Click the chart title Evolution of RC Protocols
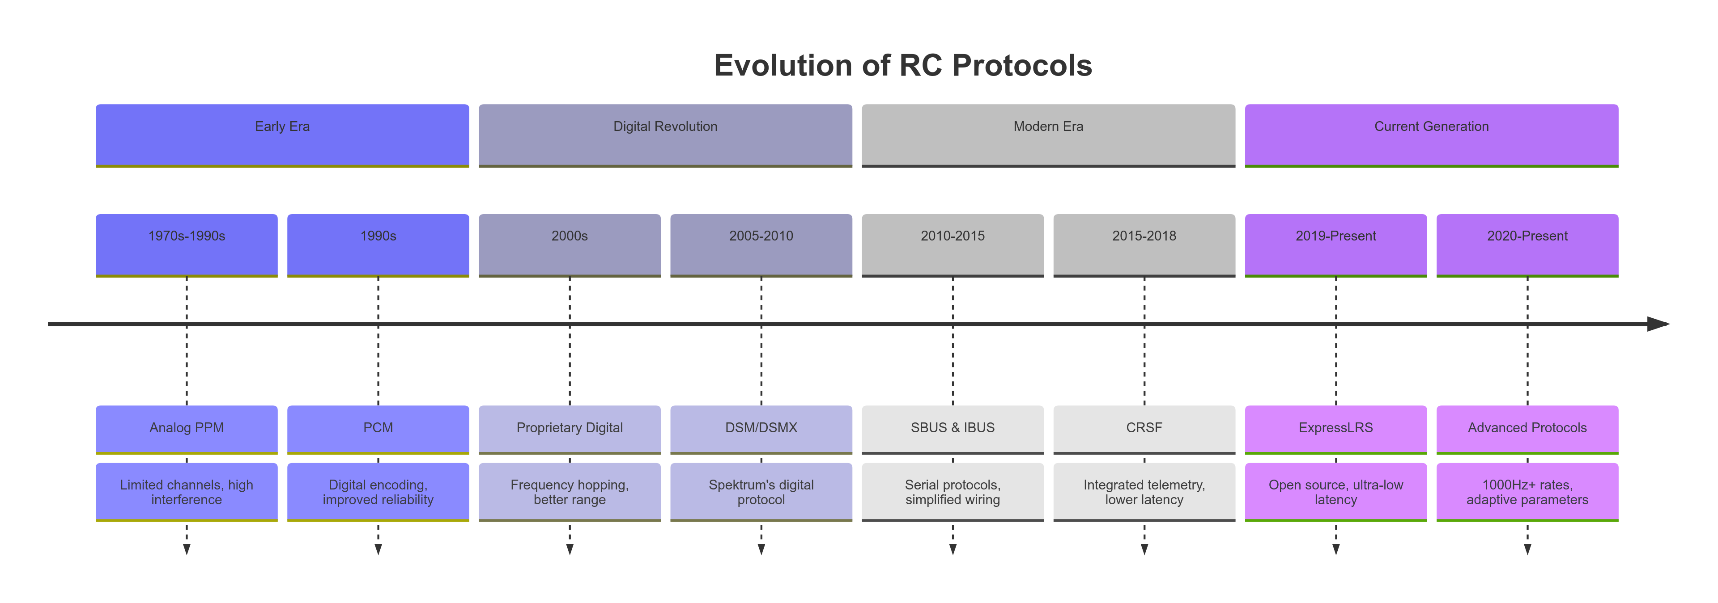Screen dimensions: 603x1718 [902, 65]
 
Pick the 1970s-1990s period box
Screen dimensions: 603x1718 [187, 244]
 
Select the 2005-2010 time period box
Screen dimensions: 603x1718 [761, 244]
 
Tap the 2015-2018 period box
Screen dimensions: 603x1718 [1144, 244]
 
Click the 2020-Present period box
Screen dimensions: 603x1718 [1527, 244]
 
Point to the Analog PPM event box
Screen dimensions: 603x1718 [187, 428]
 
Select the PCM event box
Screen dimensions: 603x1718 [378, 428]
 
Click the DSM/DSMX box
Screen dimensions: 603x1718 [761, 428]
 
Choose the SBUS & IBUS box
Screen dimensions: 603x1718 [953, 428]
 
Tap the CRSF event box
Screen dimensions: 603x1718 [1144, 428]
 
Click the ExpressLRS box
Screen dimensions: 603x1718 [1336, 428]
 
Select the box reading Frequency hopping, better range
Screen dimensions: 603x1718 [570, 492]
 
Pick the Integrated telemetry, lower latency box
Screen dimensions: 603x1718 [1144, 492]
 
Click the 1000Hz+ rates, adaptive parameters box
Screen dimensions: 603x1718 [1527, 492]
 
